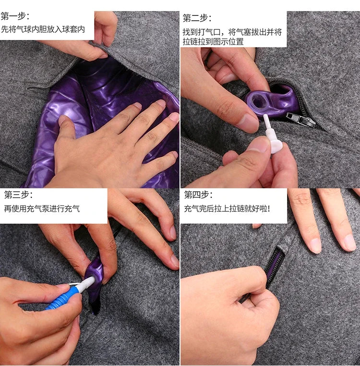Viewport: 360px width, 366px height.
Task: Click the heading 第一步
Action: (15, 17)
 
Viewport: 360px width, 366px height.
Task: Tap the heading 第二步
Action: (197, 18)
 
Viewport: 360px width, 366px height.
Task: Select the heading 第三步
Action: (18, 195)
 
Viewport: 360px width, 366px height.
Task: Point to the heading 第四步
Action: (198, 195)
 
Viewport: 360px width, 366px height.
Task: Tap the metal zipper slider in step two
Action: (300, 120)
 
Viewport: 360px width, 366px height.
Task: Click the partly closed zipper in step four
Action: (276, 266)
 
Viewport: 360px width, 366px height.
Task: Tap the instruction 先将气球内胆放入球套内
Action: (43, 30)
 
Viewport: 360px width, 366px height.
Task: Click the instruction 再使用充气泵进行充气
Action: (42, 208)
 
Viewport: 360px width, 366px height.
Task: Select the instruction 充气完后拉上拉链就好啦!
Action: (227, 208)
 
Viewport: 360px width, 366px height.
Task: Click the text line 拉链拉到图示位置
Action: (213, 42)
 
